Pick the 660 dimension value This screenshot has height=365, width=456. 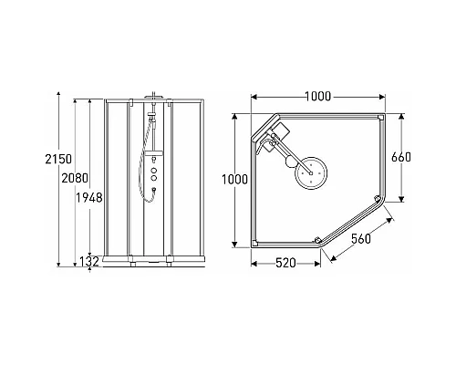pyautogui.click(x=401, y=157)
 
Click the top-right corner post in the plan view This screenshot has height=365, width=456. pyautogui.click(x=379, y=120)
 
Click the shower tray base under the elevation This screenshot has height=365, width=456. pyautogui.click(x=153, y=262)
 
